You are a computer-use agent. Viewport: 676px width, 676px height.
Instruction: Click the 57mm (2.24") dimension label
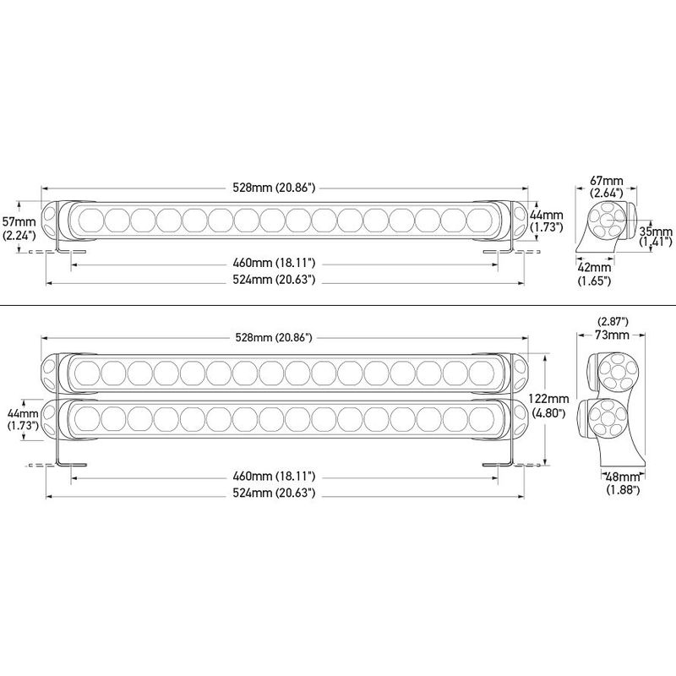[x=19, y=228]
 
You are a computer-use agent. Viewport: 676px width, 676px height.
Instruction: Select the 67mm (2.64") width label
[x=607, y=186]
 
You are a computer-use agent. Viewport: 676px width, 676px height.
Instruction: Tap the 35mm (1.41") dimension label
[x=656, y=237]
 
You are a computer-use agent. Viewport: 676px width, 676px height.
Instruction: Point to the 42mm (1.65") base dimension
[x=595, y=274]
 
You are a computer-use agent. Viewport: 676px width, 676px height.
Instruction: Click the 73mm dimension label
[x=612, y=335]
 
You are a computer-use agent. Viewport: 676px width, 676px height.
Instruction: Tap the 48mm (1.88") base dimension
[x=623, y=482]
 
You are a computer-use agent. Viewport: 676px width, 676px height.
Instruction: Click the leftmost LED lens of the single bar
[x=90, y=221]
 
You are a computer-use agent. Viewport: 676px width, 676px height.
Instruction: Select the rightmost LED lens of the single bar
[x=479, y=221]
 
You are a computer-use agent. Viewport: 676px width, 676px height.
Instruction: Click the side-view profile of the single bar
[x=606, y=226]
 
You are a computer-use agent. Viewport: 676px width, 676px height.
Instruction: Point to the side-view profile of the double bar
[x=611, y=410]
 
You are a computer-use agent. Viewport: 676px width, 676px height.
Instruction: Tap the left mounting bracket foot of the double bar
[x=72, y=466]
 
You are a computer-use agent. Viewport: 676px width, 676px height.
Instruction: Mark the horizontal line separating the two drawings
[x=338, y=305]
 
